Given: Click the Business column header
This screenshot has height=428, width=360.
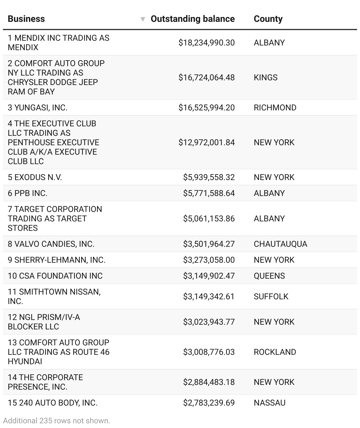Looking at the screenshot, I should (26, 19).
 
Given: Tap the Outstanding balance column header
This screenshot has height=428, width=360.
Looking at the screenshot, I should (192, 19).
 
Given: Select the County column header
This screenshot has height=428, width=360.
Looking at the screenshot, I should (268, 19).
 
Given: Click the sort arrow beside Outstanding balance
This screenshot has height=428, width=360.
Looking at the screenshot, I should (143, 19).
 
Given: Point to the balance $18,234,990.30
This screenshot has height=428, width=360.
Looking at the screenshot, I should (207, 43).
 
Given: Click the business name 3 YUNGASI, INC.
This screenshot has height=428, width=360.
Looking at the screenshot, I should (37, 108).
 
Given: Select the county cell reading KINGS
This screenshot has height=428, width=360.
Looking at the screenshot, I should (266, 78).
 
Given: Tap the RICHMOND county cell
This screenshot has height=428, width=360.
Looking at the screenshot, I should (275, 108).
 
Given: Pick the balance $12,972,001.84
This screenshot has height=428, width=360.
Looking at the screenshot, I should (207, 143).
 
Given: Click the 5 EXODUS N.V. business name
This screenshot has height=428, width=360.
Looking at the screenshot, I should (35, 177).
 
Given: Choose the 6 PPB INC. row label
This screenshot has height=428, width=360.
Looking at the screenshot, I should (27, 193).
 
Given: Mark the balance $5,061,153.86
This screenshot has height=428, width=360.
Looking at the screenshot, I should (209, 219).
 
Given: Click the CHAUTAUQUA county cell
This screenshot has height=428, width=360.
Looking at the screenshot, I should (280, 244).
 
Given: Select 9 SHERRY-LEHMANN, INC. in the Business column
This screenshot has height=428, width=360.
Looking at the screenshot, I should (56, 260).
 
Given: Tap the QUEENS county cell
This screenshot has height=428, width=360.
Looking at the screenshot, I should (269, 276).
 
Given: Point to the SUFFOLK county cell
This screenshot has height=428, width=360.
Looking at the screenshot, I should (271, 297).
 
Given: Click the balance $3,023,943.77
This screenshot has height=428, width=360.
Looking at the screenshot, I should (209, 322).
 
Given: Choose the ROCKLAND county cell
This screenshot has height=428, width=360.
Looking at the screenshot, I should (275, 352).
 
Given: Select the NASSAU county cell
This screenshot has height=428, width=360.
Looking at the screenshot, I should (269, 403).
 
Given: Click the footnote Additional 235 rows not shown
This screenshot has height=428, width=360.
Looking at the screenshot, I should (57, 421).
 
